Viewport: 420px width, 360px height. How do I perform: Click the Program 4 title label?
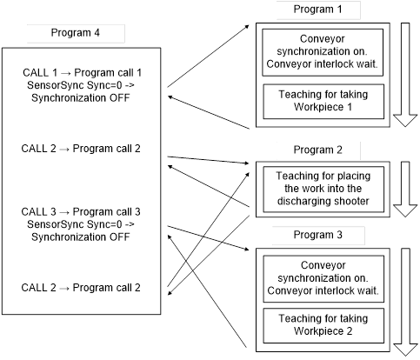[76, 33]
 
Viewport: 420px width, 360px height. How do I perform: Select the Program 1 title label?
[317, 10]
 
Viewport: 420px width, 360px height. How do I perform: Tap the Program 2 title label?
[317, 150]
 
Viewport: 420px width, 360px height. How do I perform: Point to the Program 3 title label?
[317, 235]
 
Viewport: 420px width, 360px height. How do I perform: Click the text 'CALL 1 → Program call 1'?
[82, 72]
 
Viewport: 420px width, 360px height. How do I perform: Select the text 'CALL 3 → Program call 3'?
[81, 212]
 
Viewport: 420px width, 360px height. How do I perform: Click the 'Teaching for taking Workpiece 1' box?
[323, 102]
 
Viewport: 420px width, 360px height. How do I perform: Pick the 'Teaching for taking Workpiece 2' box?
[323, 325]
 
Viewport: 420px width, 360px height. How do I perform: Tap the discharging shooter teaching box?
[323, 189]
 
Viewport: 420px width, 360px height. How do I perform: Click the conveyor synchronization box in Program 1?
[323, 52]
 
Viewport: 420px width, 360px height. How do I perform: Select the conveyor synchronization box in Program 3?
[323, 278]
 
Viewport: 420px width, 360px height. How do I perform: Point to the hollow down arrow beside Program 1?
[405, 75]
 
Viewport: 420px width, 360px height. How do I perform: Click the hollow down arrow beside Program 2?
[405, 189]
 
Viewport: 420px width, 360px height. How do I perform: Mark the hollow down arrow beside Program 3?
[405, 302]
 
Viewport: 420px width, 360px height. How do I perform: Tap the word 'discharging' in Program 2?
[304, 201]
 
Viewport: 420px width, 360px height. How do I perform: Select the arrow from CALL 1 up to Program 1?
[208, 56]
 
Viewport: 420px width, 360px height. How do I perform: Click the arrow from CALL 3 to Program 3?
[208, 238]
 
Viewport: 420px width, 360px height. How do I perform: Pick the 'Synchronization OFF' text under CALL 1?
[81, 98]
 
